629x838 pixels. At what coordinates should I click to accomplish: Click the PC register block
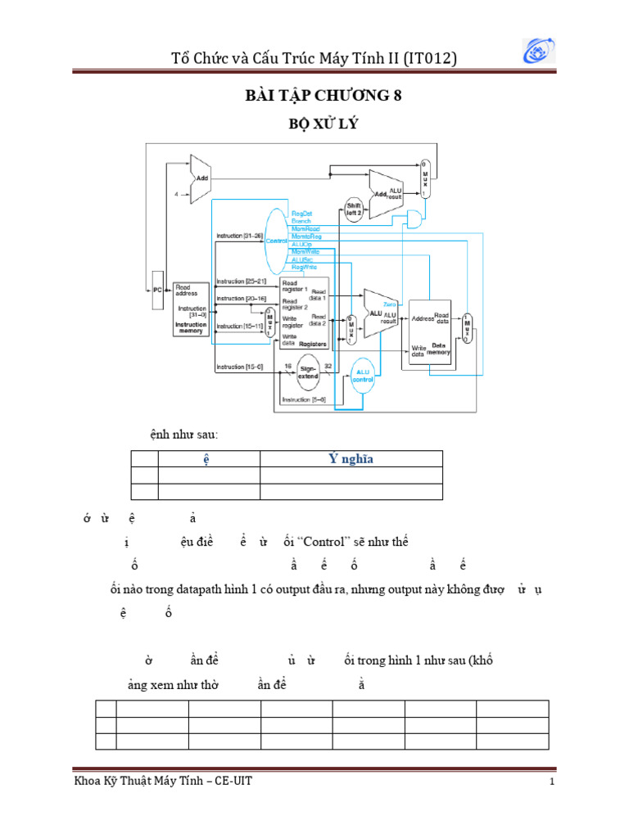(157, 290)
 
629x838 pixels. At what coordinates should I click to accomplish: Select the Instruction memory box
(191, 308)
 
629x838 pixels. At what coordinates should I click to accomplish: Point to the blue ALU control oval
(362, 376)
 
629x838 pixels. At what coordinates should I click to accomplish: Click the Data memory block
(431, 327)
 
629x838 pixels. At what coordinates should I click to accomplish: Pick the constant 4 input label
(176, 194)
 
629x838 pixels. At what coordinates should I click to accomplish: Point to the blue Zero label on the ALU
(400, 304)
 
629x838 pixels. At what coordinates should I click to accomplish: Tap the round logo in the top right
(541, 51)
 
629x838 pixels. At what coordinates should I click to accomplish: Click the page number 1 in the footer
(553, 782)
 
